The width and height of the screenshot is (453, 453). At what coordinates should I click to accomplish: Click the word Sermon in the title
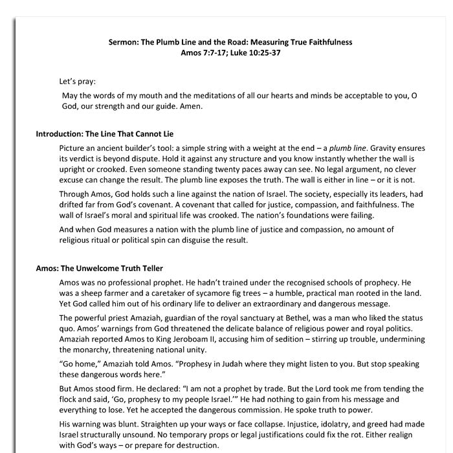(124, 42)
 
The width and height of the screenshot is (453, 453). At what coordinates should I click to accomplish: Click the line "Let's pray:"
(77, 82)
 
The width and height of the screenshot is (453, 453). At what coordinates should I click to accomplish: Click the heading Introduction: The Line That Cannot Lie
(104, 134)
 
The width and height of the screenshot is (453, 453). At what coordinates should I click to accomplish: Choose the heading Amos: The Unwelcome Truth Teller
(99, 268)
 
